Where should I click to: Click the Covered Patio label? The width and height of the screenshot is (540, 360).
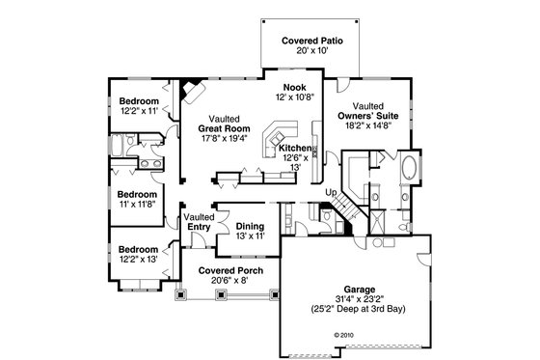pos(308,41)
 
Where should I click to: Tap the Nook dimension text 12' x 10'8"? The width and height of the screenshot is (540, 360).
pos(295,97)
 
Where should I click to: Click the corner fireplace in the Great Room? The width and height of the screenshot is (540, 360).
pos(191,90)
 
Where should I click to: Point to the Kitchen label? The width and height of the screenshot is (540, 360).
pos(294,148)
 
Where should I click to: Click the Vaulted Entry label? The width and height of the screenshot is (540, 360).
pos(199,221)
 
